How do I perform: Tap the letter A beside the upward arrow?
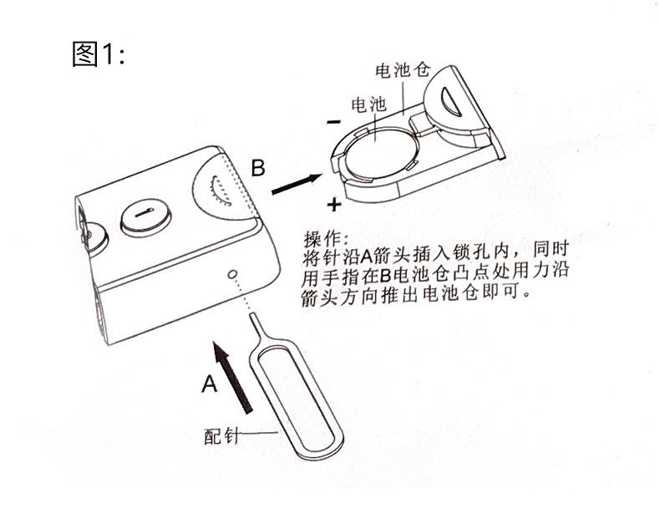tap(210, 384)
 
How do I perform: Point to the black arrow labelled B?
tap(297, 182)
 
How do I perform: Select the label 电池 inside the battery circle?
tap(368, 106)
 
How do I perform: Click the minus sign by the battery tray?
tap(333, 122)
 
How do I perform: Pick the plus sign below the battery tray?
tap(335, 203)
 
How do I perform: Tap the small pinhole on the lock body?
tap(232, 274)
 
